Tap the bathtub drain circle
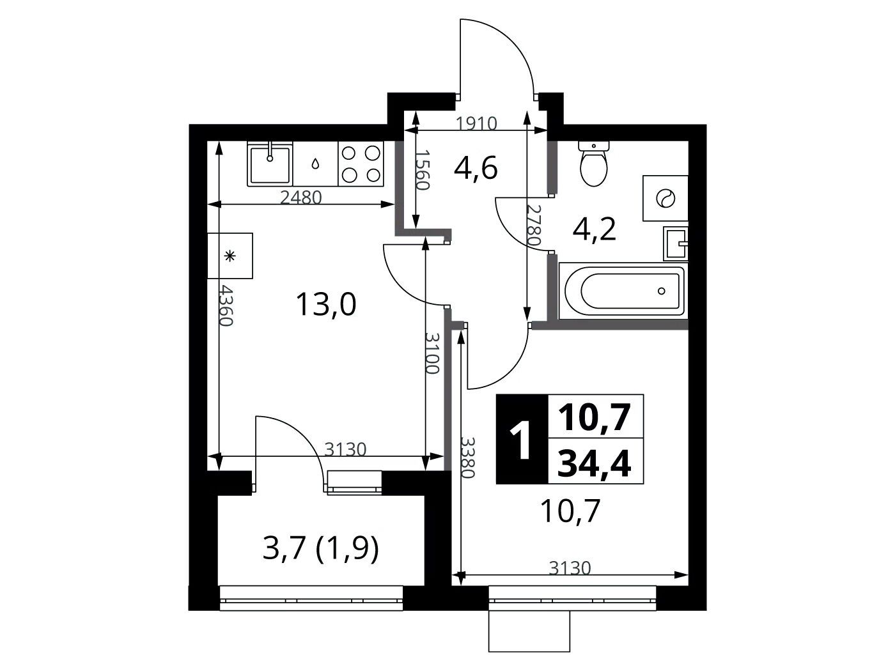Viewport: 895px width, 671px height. coord(662,291)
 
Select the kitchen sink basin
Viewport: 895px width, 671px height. coord(270,165)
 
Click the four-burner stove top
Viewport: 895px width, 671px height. coord(361,164)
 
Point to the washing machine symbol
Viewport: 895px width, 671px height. coord(665,198)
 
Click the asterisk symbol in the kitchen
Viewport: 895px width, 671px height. coord(230,256)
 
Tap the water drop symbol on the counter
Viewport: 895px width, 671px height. coord(315,164)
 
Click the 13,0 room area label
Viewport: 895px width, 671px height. coord(326,305)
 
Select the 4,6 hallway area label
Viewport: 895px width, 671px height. coord(476,168)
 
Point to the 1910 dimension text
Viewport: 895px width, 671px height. coord(476,123)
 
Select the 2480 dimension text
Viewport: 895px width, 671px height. coord(301,197)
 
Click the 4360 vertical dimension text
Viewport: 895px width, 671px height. coord(226,305)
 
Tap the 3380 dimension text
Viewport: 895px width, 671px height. coord(468,458)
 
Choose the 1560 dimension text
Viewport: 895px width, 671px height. coord(423,170)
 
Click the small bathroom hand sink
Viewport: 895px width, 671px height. coord(676,243)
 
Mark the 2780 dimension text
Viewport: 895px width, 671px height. coord(534,224)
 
